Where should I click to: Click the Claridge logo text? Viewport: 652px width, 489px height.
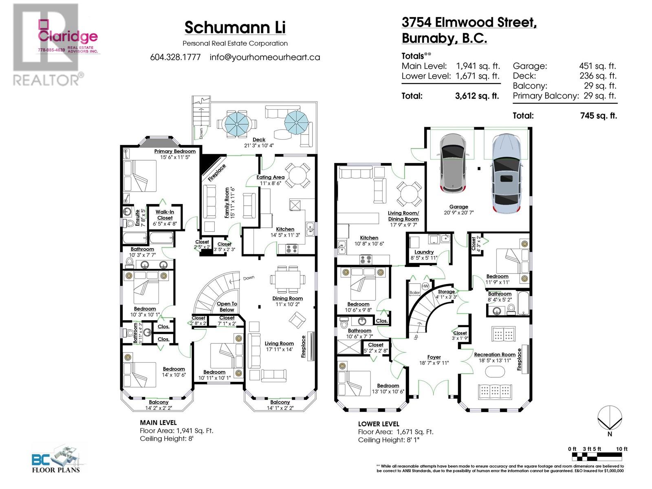pos(68,36)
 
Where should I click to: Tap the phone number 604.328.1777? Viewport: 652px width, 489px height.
pos(175,57)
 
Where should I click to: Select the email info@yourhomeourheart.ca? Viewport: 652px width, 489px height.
pos(264,57)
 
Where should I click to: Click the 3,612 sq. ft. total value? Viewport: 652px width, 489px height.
pos(477,96)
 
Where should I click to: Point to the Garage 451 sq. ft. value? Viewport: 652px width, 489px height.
pos(597,66)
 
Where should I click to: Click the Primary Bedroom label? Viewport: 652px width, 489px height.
pos(175,151)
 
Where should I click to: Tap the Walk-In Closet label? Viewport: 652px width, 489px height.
pos(165,215)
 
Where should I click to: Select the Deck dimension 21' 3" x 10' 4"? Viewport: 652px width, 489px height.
pos(259,145)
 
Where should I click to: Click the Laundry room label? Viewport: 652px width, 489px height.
pos(424,252)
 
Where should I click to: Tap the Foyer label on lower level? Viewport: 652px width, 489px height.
pos(434,357)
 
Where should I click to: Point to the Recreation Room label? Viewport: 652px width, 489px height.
pos(494,355)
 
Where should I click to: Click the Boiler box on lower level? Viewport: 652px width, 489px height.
pos(414,292)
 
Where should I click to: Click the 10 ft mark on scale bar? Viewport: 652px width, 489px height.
pos(622,449)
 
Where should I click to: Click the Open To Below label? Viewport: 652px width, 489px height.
pos(227,306)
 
